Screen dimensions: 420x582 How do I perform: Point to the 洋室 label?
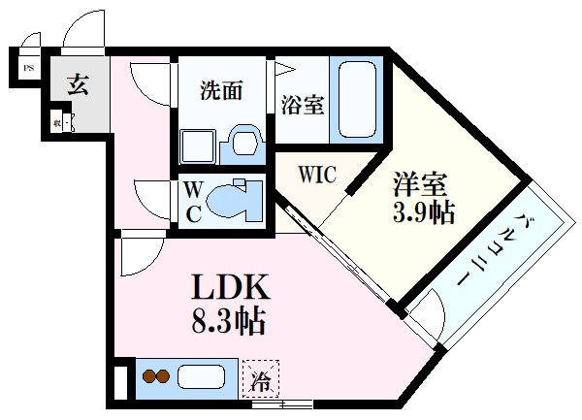click(416, 182)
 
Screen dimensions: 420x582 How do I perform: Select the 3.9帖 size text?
click(424, 211)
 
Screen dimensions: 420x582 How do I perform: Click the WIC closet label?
click(316, 176)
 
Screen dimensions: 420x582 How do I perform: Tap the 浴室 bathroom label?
click(302, 105)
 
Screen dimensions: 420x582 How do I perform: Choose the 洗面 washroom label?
click(221, 92)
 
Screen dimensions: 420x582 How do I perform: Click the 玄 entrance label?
click(78, 84)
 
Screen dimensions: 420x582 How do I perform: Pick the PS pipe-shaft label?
click(28, 68)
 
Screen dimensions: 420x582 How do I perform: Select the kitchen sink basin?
click(203, 374)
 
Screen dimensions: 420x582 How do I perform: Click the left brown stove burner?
click(148, 374)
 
